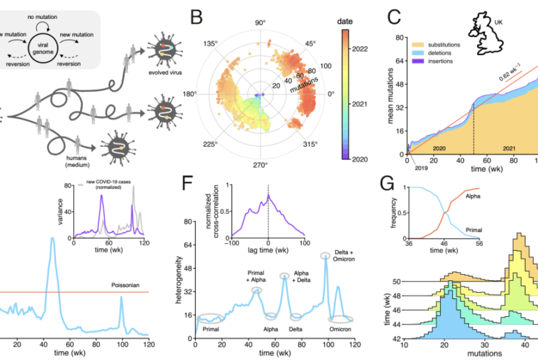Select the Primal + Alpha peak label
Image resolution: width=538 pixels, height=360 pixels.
point(257,277)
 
